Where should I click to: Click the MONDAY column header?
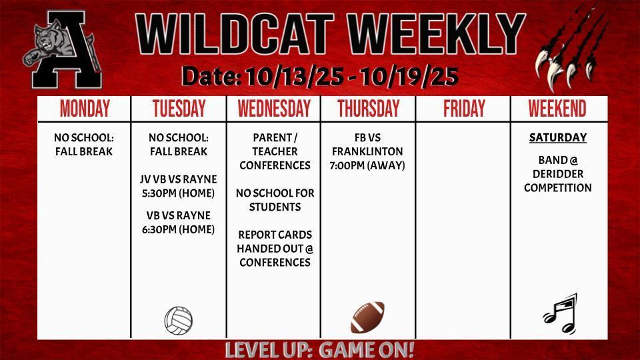85,109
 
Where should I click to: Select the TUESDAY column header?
179,109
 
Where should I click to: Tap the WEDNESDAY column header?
274,109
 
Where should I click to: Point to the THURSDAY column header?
368,109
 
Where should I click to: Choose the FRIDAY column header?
464,109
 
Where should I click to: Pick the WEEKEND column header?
557,109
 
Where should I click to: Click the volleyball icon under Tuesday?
179,321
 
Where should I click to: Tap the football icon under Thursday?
368,317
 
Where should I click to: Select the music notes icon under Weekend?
561,313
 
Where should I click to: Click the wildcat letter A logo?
62,49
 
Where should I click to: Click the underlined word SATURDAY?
558,137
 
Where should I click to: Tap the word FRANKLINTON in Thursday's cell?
367,151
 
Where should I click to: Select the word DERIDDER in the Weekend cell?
558,174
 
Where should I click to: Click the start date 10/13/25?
294,76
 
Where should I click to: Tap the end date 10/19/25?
409,76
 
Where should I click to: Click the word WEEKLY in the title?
436,33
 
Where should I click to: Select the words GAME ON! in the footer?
366,350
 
